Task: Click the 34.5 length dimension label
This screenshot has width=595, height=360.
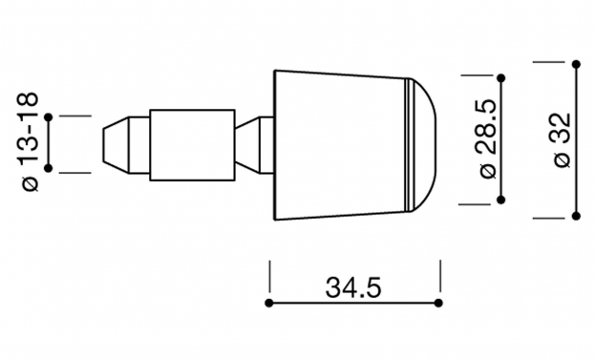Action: (353, 287)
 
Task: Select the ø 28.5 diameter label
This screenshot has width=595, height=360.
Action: (488, 138)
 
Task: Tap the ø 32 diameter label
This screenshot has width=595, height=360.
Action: (563, 140)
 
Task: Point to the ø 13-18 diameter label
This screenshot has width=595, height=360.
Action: (28, 141)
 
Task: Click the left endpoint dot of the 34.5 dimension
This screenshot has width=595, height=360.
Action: (269, 303)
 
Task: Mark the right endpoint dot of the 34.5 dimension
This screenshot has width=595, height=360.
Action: (438, 303)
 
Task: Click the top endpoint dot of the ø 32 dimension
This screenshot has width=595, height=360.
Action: (576, 65)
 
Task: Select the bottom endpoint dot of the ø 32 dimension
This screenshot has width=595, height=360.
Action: (576, 216)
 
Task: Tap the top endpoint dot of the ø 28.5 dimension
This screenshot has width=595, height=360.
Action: (500, 78)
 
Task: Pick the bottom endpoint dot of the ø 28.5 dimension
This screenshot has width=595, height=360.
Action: (500, 200)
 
